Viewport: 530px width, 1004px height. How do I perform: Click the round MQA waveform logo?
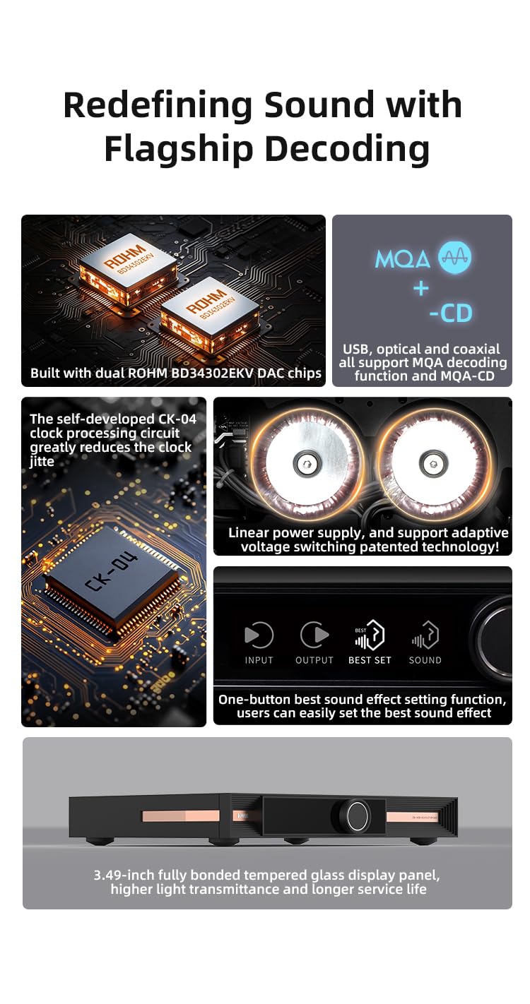[x=455, y=258]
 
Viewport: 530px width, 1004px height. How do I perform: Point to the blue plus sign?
[x=421, y=287]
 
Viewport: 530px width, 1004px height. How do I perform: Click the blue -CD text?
[x=450, y=313]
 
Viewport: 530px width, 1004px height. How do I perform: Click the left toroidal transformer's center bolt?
[x=306, y=463]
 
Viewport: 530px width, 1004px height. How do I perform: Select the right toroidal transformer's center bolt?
[x=432, y=463]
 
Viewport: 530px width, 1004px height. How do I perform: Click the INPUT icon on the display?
[x=259, y=635]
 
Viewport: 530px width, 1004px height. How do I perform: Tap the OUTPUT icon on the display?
[x=314, y=635]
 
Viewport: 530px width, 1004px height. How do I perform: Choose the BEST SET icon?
[x=370, y=636]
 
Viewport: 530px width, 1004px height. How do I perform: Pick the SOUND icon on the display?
[x=425, y=636]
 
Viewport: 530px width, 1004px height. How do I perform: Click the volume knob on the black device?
[x=353, y=815]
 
